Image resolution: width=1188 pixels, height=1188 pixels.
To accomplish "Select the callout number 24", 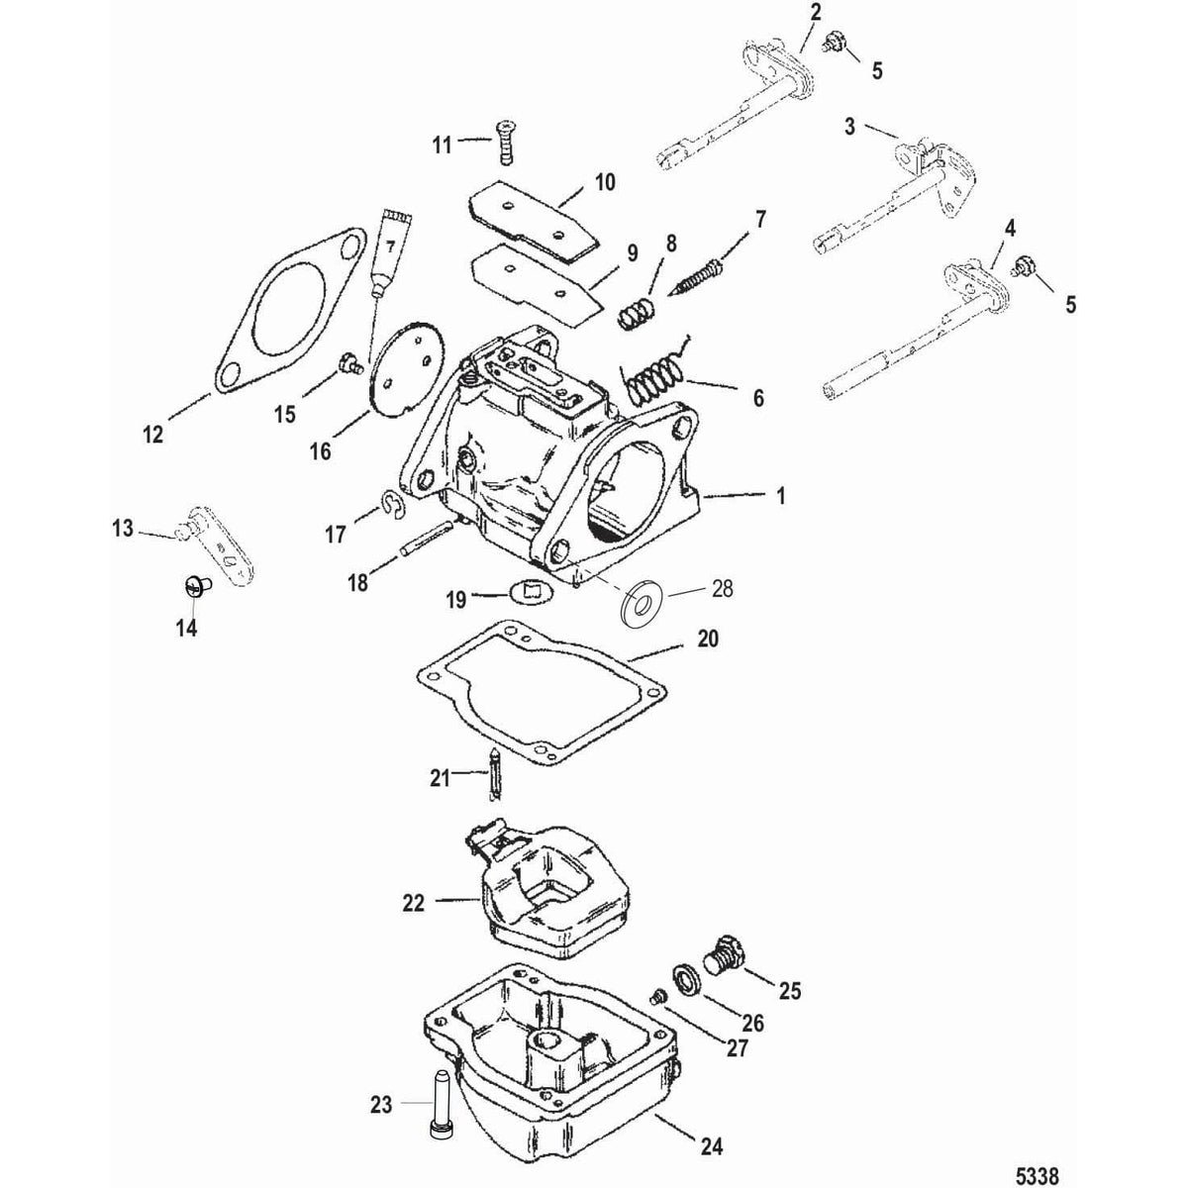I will [x=713, y=1147].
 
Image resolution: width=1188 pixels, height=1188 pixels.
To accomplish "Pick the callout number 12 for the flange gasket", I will [x=152, y=434].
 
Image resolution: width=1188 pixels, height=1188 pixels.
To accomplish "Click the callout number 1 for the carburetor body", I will [x=781, y=497].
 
